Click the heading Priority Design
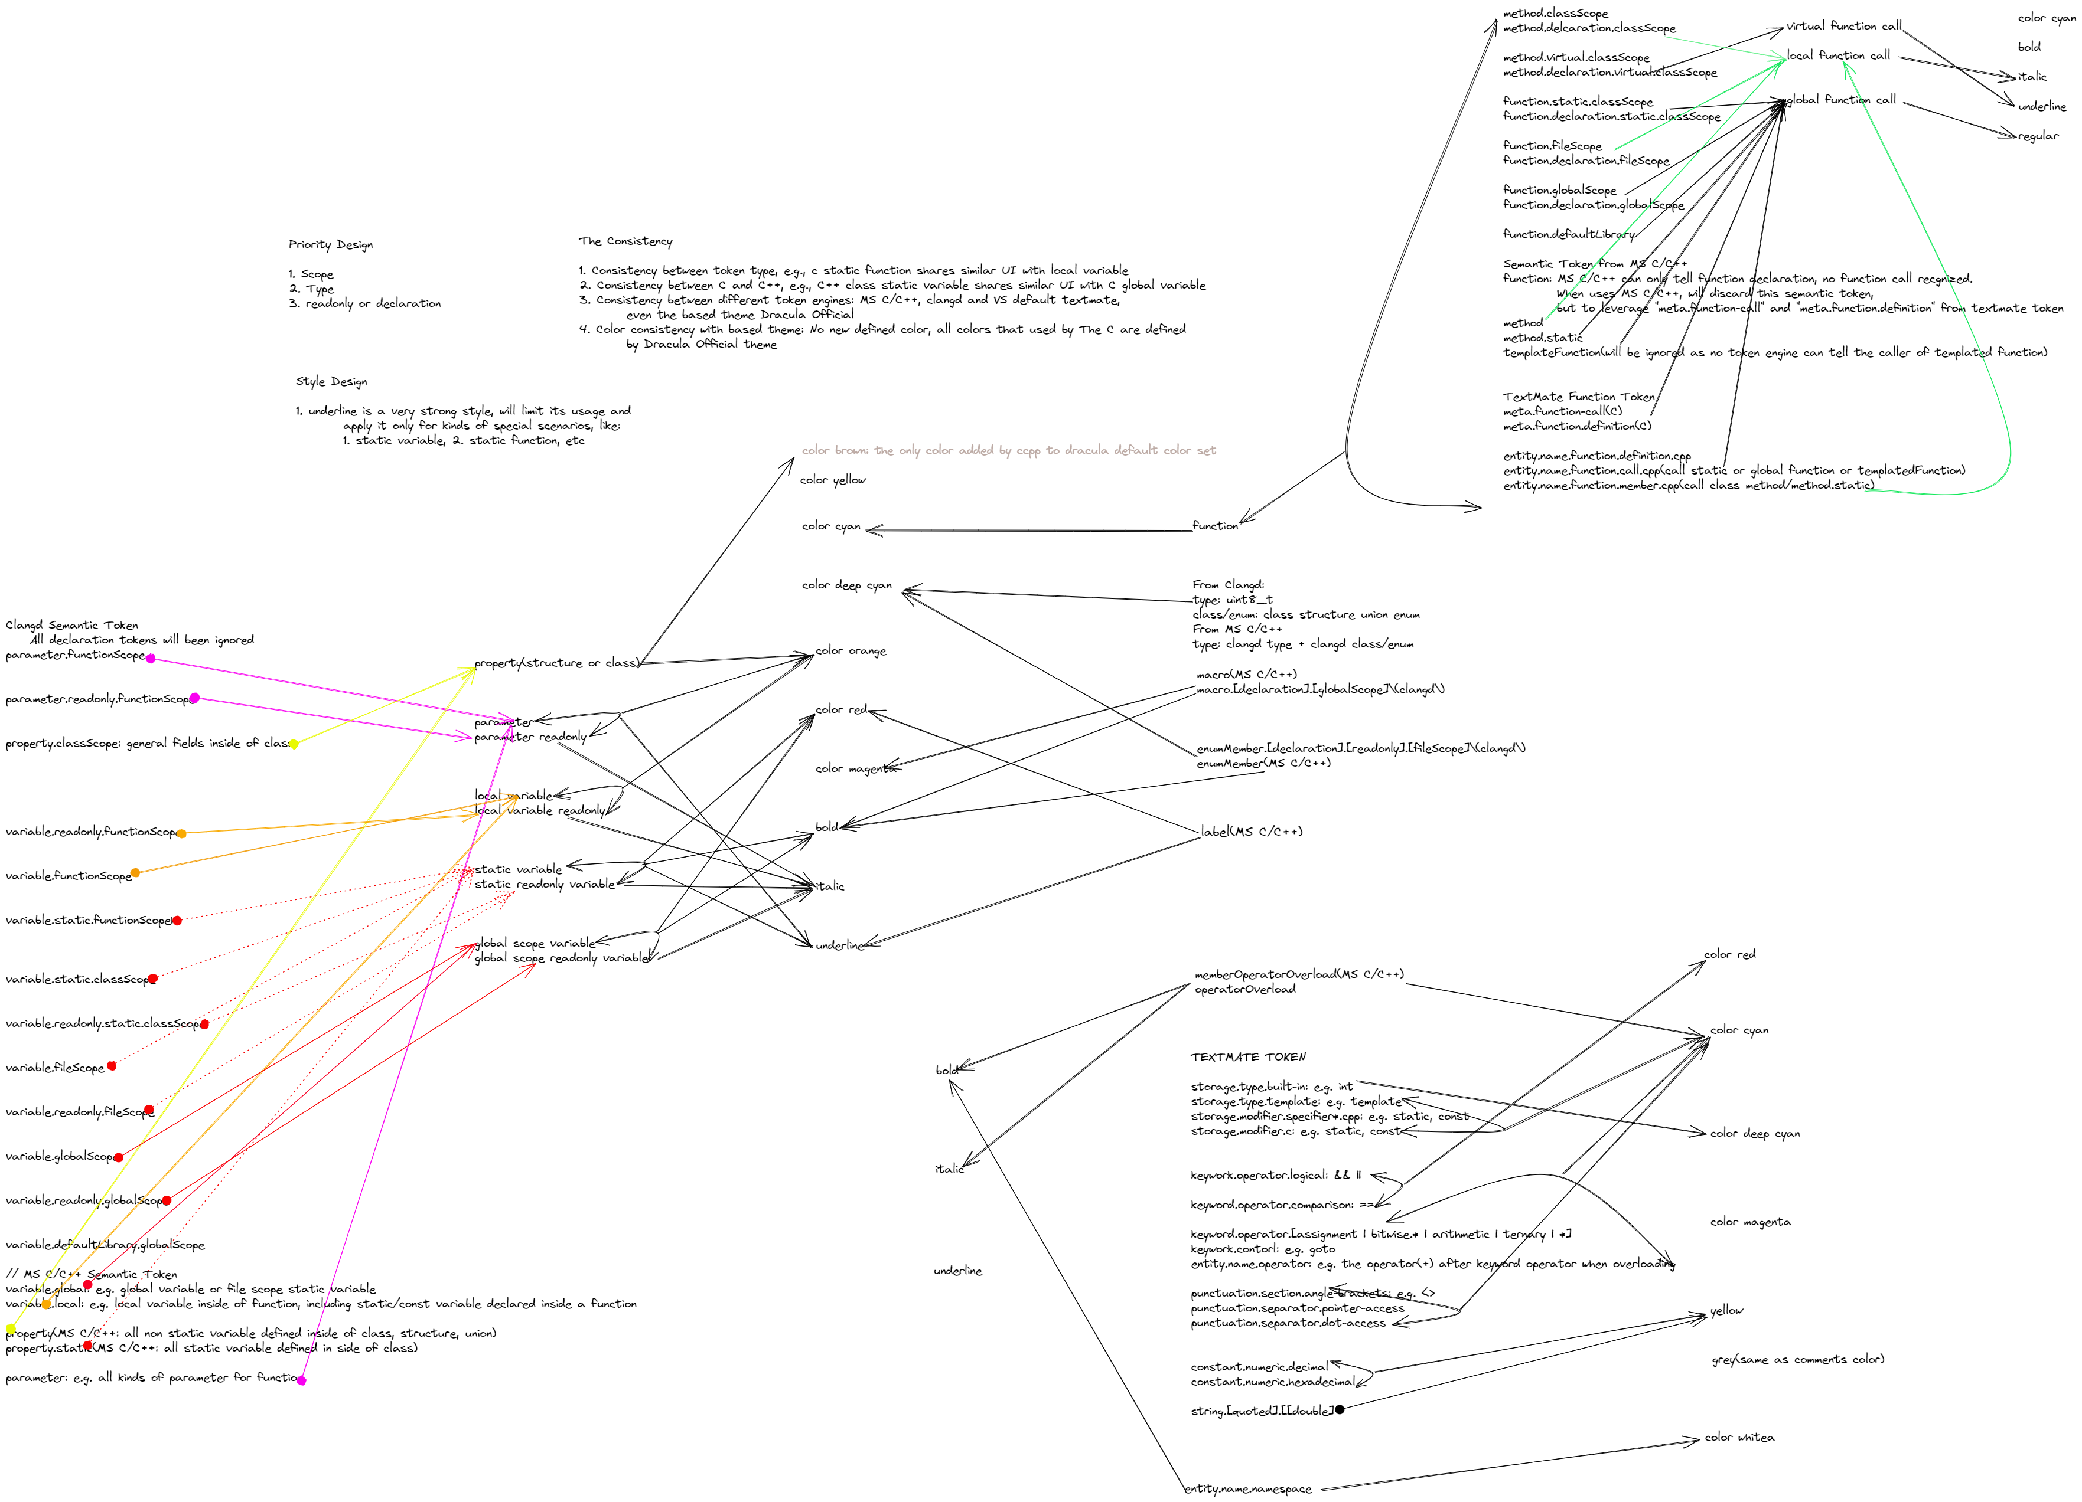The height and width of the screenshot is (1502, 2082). [331, 245]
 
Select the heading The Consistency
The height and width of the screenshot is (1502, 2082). [625, 241]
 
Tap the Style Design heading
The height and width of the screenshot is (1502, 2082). [331, 382]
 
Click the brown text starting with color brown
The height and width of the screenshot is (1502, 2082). [1008, 450]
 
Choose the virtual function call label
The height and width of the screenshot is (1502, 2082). [1843, 27]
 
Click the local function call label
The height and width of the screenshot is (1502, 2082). [1838, 56]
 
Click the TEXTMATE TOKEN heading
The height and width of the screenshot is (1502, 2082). [1247, 1057]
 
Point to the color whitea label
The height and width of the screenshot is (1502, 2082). [1739, 1437]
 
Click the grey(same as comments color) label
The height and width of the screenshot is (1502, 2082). [1797, 1359]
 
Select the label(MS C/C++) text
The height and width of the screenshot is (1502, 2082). [1251, 832]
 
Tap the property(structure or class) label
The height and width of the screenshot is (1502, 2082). [556, 662]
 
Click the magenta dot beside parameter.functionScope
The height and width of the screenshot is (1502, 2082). [151, 659]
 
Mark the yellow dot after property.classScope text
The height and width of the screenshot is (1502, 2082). [294, 744]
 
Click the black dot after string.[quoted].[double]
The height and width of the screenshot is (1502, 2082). [1340, 1409]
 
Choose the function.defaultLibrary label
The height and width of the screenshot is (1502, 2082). [1568, 234]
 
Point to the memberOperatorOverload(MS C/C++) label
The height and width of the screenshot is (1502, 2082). [1298, 974]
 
